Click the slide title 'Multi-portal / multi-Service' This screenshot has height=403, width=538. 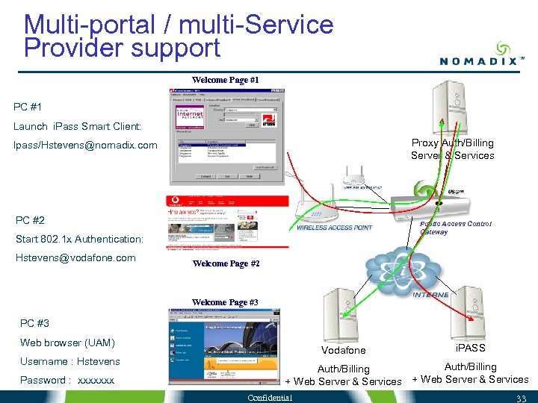coord(179,24)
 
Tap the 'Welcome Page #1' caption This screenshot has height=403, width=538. coord(225,80)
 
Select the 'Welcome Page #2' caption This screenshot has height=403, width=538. coord(226,263)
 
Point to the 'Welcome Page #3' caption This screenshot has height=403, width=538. coord(225,302)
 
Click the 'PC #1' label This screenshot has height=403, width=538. coord(28,107)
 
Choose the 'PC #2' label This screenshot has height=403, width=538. coord(30,220)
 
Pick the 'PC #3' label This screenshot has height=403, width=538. coord(34,323)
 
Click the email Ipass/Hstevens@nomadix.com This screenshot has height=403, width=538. coord(85,145)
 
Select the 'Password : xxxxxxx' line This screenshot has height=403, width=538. coord(67,380)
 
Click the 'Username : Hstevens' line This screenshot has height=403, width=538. coord(69,361)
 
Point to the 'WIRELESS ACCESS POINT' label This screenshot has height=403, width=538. coord(333,227)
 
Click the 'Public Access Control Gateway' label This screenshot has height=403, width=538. coord(455,228)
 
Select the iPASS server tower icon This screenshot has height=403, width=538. coord(471,310)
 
